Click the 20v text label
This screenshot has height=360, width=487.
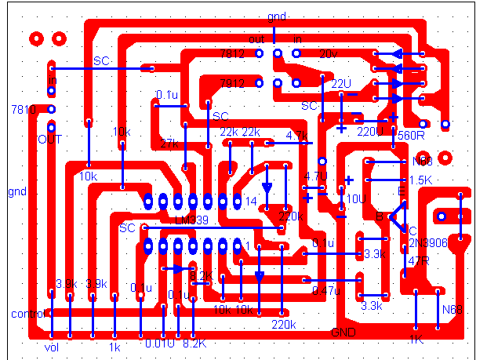(328, 54)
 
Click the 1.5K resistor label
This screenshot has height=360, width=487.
(420, 180)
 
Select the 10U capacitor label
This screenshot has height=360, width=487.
(355, 199)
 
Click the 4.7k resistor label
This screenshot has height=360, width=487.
(296, 136)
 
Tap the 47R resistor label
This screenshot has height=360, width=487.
(419, 260)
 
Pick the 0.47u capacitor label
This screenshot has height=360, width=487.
(327, 290)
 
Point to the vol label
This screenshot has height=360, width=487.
(52, 346)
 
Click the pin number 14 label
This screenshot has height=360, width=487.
(251, 202)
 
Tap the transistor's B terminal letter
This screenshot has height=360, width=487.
(380, 216)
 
